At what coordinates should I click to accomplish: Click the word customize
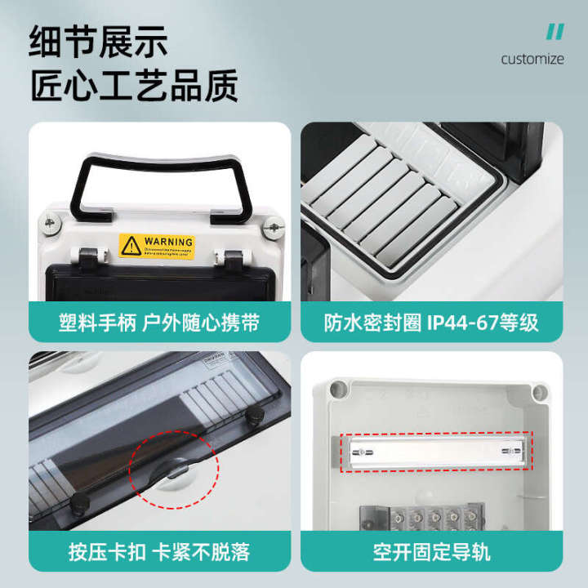coord(532,59)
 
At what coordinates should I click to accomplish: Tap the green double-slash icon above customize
coord(555,32)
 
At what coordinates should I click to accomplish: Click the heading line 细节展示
coord(99,40)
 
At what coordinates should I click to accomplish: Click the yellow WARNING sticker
coord(157,246)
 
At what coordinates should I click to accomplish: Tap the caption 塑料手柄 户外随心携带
coord(160,323)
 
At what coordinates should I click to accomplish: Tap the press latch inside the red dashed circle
coord(176,470)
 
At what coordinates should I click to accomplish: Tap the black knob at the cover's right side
coord(254,417)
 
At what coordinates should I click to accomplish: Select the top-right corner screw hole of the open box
coord(537,393)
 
